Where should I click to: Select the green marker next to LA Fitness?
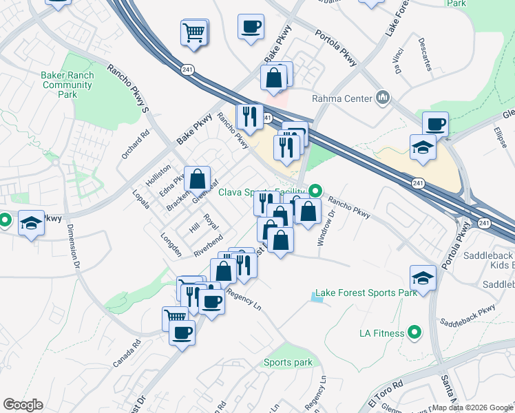pos(414,333)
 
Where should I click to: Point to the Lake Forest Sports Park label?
pos(366,293)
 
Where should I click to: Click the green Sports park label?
pos(288,363)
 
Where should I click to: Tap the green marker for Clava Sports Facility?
pos(316,190)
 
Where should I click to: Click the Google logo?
pos(23,405)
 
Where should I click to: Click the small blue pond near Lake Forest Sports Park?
pos(317,297)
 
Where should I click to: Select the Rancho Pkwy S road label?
pos(127,87)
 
